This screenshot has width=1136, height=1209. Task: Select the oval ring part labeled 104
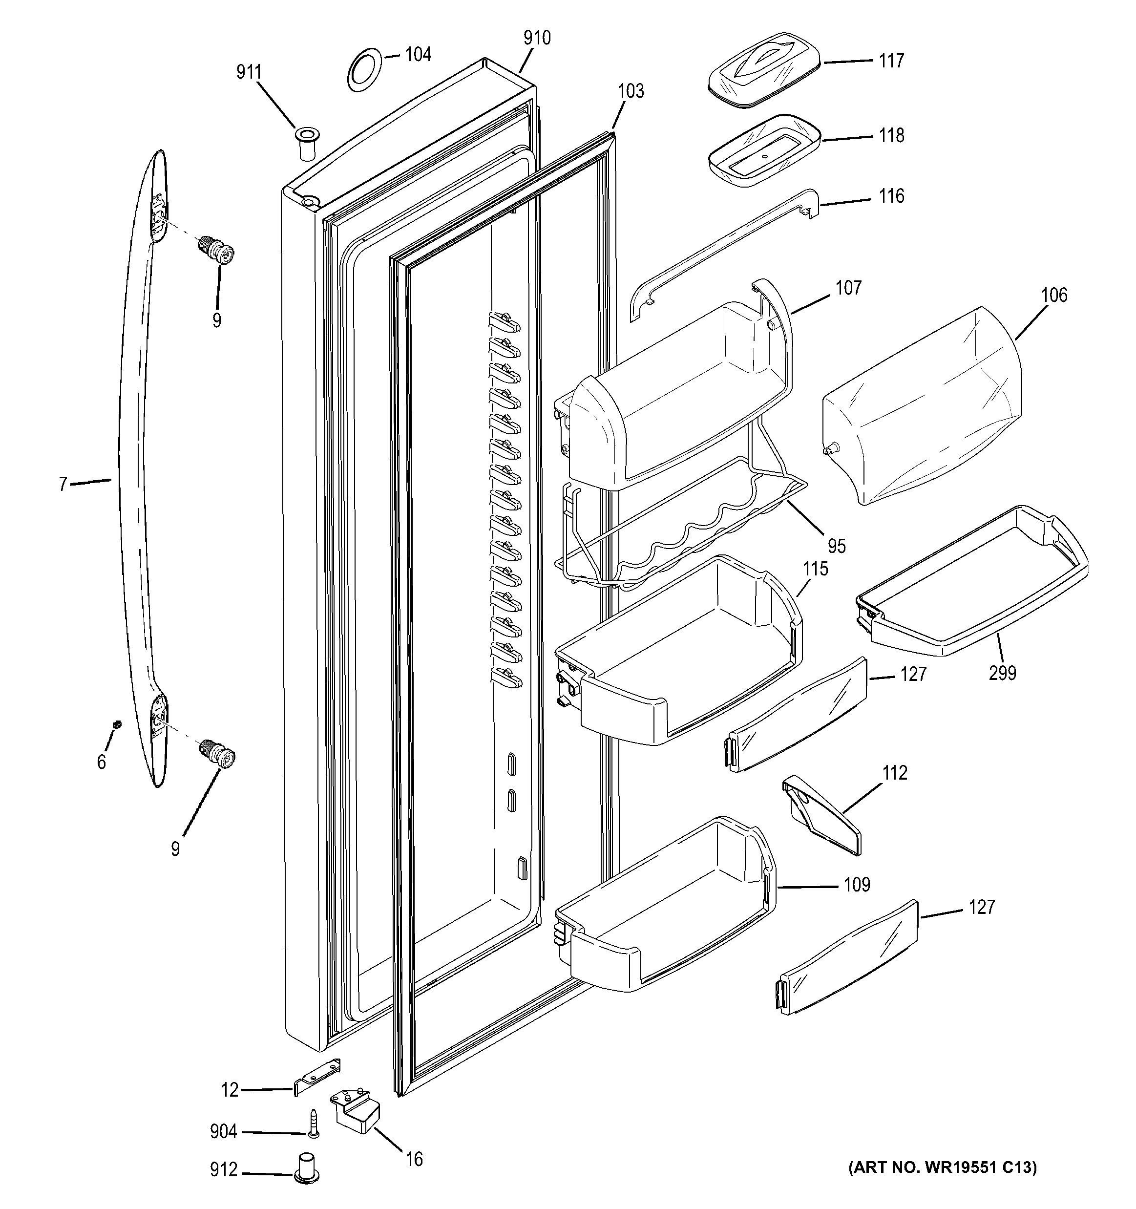tap(365, 70)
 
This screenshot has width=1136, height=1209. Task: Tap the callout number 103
tap(631, 91)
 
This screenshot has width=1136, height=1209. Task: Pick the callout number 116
tap(891, 196)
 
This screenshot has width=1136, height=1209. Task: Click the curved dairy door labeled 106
tap(921, 404)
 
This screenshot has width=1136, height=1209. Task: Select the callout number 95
tap(837, 546)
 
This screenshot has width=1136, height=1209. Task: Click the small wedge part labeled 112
tap(821, 815)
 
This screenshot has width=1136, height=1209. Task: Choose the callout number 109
tap(857, 884)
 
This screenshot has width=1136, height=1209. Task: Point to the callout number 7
tap(63, 485)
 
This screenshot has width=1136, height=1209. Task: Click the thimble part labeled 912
tap(307, 1168)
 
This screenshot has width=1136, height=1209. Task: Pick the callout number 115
tap(816, 569)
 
